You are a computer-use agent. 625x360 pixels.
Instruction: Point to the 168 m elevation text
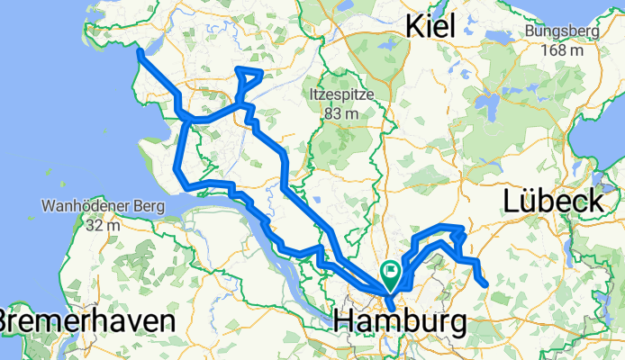pos(561,50)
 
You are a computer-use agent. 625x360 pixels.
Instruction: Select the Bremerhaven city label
pos(86,321)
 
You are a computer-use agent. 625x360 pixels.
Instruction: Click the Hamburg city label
pos(400,320)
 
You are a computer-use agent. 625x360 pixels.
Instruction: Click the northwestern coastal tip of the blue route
pos(140,52)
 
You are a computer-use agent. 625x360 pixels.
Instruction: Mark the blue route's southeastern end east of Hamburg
pos(486,284)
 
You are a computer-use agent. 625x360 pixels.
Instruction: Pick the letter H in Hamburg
pos(344,320)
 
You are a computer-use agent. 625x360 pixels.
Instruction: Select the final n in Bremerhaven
pos(164,321)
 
